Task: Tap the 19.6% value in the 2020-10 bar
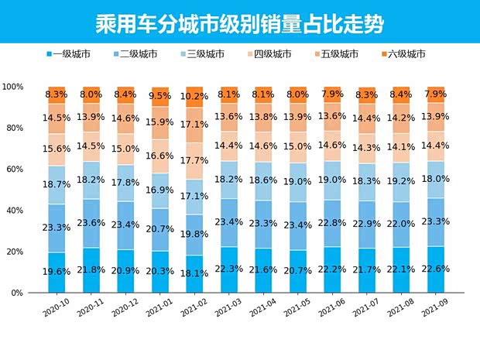click(58, 273)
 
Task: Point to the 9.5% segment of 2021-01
click(161, 96)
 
